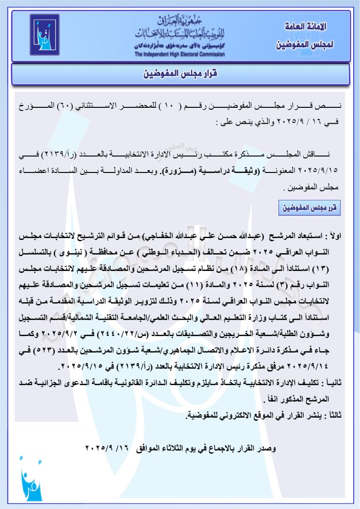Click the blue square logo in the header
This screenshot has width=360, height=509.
click(x=45, y=36)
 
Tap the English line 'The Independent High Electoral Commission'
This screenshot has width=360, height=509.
click(x=180, y=54)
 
